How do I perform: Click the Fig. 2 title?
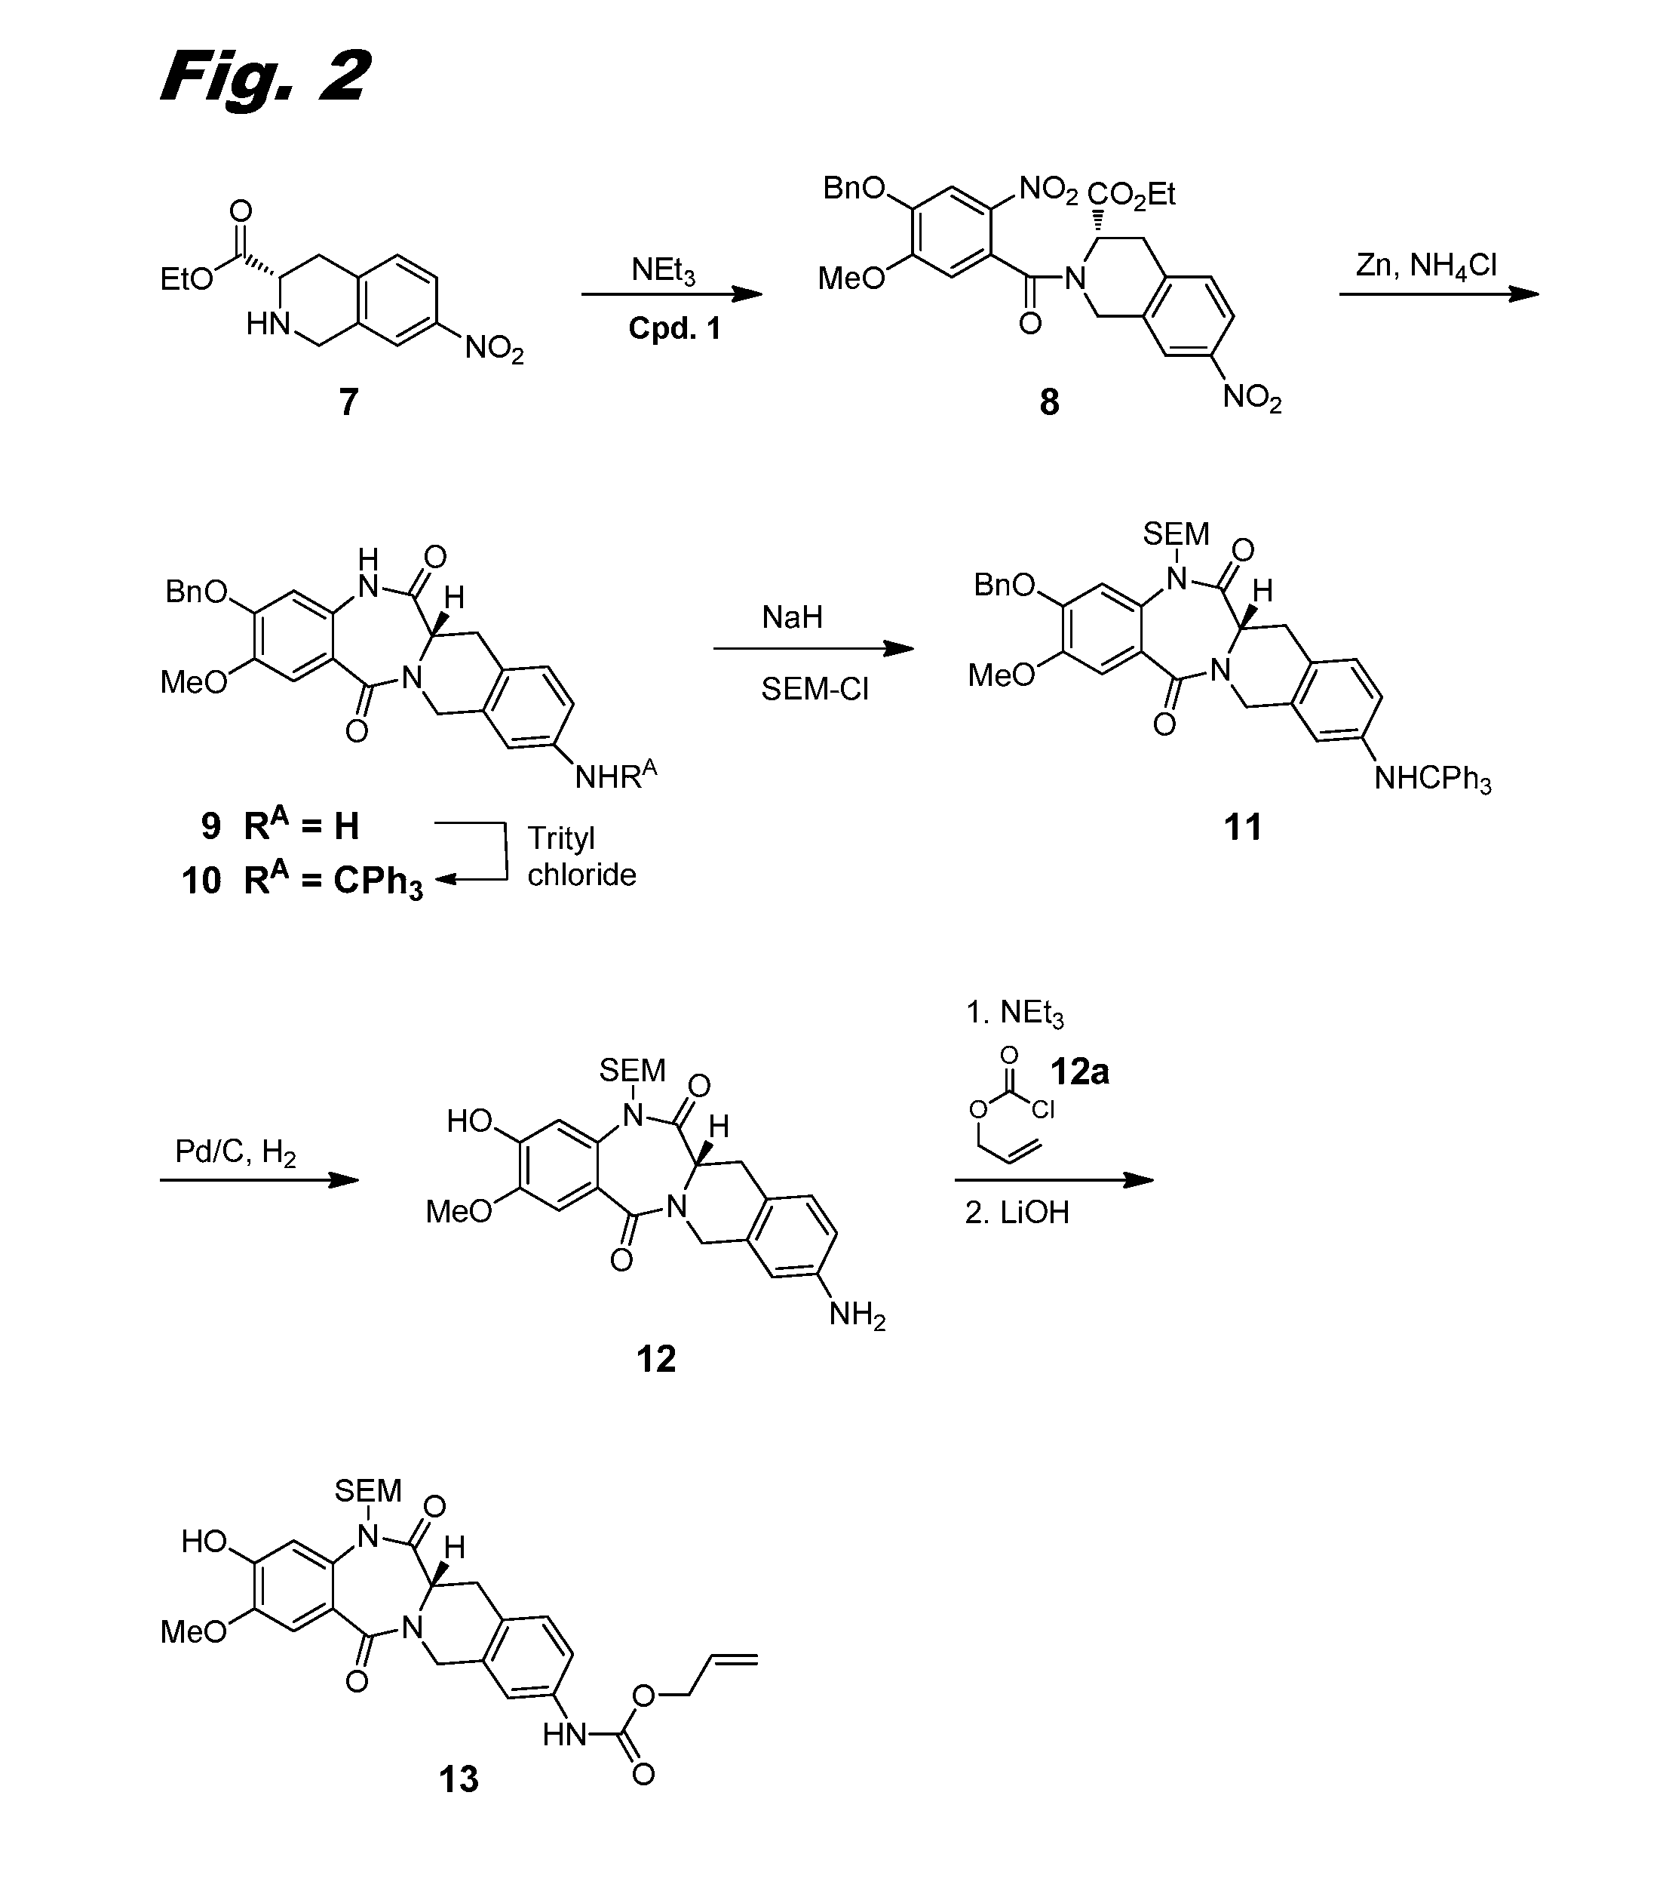[265, 76]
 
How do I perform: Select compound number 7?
[348, 402]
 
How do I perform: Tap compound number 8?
[1049, 402]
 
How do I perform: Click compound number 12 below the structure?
[656, 1359]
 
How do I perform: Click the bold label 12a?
[1079, 1071]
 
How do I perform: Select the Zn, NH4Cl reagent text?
[1426, 266]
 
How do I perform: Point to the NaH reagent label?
[792, 617]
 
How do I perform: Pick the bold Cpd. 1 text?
[675, 328]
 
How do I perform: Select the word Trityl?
[561, 838]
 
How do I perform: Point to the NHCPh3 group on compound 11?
[1433, 779]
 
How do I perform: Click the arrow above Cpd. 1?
[671, 295]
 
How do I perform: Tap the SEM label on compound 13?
[368, 1491]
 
